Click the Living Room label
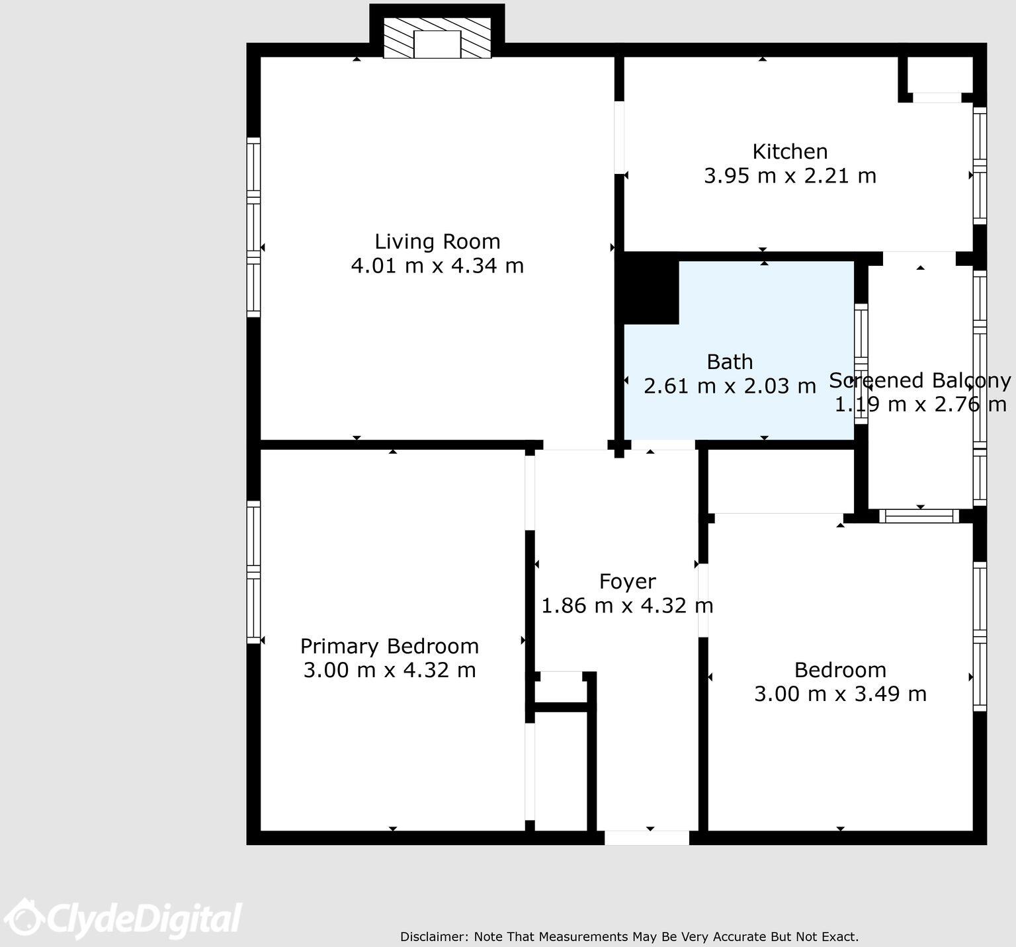click(437, 241)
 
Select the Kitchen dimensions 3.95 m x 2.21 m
click(790, 176)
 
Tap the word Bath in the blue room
click(730, 362)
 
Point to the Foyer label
click(627, 581)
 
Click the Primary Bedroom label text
click(389, 646)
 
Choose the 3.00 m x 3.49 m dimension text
click(840, 694)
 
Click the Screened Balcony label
click(919, 381)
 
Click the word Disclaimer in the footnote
click(434, 936)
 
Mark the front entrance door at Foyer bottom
click(647, 838)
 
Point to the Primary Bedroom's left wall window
click(253, 572)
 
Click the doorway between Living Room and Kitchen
click(619, 138)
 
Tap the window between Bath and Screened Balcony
click(861, 364)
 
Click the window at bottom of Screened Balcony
click(919, 516)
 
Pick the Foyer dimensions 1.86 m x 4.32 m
click(627, 606)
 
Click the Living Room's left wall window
click(253, 227)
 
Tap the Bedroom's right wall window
click(980, 636)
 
